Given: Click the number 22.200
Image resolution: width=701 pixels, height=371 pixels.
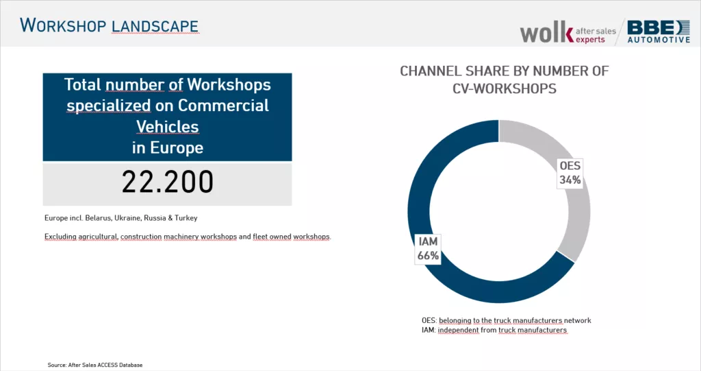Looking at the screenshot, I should (x=168, y=182).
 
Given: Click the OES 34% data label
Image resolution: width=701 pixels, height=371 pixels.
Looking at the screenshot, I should (x=570, y=173).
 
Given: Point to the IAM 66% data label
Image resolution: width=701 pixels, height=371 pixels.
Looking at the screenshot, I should (x=428, y=248).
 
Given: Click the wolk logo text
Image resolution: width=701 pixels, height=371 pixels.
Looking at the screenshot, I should (x=546, y=32).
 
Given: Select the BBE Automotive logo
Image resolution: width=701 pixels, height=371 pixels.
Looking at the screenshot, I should (x=659, y=32).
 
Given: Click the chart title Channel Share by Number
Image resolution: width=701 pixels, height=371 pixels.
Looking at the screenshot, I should (x=504, y=71).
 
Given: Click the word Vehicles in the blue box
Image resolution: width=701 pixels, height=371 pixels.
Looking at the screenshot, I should (x=168, y=127).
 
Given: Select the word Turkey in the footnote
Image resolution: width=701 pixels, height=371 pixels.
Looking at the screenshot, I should (x=184, y=218).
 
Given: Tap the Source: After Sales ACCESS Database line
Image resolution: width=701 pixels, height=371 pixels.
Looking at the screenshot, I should (x=95, y=365).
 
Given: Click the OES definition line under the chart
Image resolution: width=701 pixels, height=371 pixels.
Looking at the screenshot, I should (x=506, y=320).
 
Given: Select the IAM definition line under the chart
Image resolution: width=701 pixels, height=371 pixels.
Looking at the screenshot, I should (x=494, y=330).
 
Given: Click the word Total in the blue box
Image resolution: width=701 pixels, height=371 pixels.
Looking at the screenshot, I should (x=82, y=85).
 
